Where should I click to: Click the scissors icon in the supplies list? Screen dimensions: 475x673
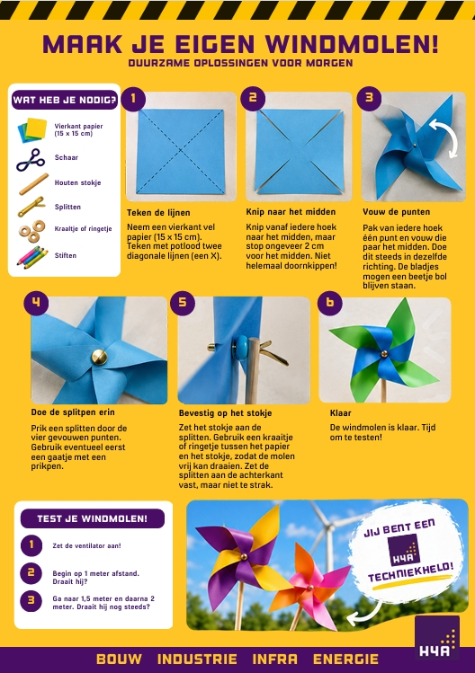pos(30,161)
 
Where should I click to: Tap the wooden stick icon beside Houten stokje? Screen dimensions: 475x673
pos(33,184)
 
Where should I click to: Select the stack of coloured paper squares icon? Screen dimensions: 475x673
pos(32,130)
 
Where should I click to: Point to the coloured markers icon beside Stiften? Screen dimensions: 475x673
pos(32,257)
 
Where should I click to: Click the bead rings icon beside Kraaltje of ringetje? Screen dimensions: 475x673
pos(32,231)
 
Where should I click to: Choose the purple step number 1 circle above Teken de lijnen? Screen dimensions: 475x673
pos(133,99)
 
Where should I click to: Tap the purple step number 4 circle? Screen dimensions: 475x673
pos(36,303)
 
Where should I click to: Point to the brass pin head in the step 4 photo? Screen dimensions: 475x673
pos(99,357)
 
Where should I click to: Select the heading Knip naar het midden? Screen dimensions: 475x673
pos(291,211)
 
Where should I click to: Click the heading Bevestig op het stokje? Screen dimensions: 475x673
pos(225,413)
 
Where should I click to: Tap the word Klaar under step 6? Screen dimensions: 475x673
pos(340,413)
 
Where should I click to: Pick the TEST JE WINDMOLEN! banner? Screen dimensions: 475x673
pos(93,518)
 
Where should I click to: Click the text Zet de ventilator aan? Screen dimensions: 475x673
pos(87,546)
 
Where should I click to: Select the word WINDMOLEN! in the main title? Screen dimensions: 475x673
pos(352,44)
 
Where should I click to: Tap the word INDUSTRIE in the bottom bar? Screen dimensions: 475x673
pos(197,660)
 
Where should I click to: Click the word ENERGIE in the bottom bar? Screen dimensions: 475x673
pos(345,660)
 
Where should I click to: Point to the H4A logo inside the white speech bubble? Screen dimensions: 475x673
pos(403,551)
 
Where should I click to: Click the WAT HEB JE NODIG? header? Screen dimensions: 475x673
pos(65,100)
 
